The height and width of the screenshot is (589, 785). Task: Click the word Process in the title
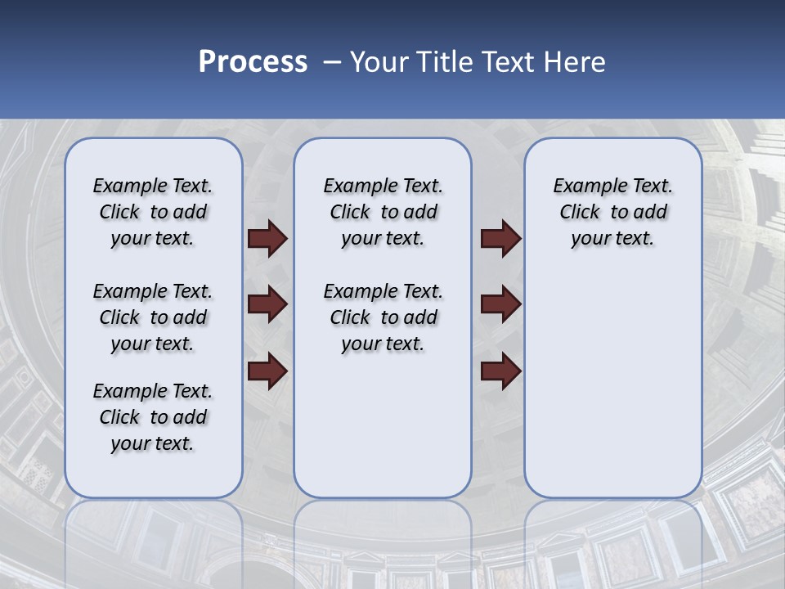click(253, 62)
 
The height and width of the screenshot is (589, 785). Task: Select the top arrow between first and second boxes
click(267, 239)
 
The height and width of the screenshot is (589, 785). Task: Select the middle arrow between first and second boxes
click(267, 304)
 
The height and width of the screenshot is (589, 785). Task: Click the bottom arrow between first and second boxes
click(267, 371)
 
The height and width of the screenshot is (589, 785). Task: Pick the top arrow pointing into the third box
click(501, 239)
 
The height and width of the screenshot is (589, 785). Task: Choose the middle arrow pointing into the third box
click(501, 304)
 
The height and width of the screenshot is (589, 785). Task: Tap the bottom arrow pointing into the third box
click(501, 371)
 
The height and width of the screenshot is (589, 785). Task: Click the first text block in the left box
click(153, 212)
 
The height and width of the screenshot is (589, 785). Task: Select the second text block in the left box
click(153, 317)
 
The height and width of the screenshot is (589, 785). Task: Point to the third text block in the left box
click(153, 417)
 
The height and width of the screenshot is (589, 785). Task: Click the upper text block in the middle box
click(383, 212)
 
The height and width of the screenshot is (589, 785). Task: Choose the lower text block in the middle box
click(383, 317)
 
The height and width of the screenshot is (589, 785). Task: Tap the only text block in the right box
click(612, 212)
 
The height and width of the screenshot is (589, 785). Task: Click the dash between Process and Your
click(332, 63)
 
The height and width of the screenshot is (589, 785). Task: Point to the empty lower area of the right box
click(612, 384)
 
